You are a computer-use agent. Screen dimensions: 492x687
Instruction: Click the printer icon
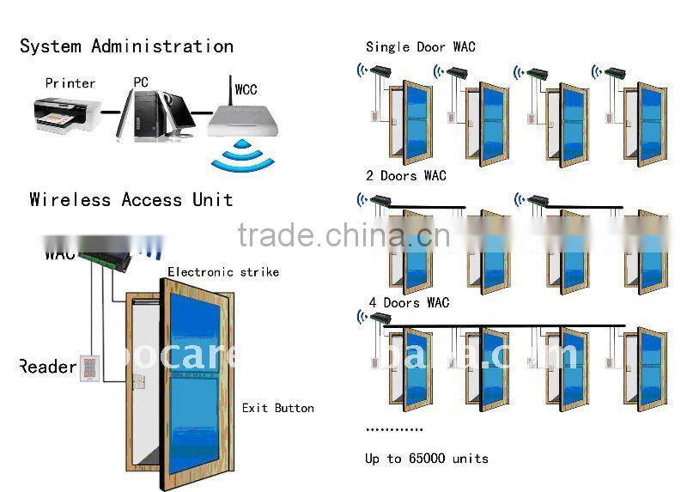[64, 117]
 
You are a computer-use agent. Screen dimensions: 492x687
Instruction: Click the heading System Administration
[126, 46]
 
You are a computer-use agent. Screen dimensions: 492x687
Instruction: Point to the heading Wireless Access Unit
[131, 200]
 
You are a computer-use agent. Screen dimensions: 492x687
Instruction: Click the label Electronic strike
[223, 272]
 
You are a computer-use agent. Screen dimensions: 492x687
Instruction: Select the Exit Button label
[277, 408]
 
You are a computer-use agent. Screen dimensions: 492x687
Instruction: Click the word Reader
[48, 367]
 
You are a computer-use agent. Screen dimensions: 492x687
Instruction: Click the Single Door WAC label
[420, 47]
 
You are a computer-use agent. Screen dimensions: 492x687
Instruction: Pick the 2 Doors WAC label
[406, 176]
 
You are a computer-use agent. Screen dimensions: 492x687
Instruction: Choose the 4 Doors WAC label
[409, 303]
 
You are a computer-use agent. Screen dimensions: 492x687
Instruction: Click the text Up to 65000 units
[426, 459]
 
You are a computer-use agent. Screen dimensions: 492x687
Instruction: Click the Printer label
[70, 83]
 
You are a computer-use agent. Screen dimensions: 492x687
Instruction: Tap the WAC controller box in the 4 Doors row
[380, 319]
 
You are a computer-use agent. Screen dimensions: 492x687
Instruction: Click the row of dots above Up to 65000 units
[394, 428]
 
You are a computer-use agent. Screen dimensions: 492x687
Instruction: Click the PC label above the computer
[140, 82]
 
